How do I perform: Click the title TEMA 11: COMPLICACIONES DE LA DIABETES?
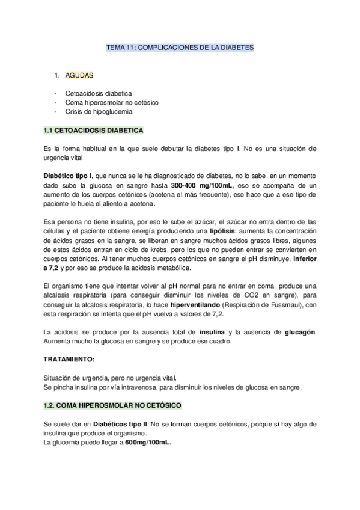pyautogui.click(x=180, y=46)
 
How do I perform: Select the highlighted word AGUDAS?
pyautogui.click(x=78, y=76)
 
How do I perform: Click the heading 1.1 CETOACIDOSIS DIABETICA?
pyautogui.click(x=93, y=130)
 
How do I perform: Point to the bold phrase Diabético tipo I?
pyautogui.click(x=68, y=174)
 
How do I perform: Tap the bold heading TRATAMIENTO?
pyautogui.click(x=69, y=359)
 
